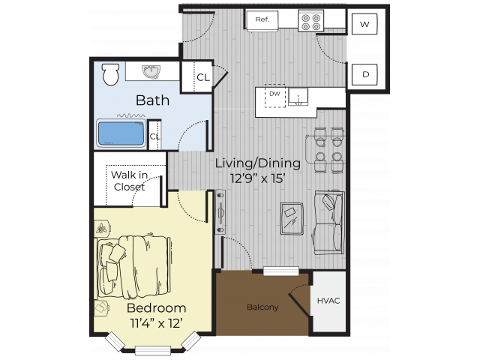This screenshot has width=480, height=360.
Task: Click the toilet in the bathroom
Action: click(x=111, y=73)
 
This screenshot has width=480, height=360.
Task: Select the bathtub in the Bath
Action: click(x=121, y=133)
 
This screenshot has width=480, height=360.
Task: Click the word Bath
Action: click(x=151, y=100)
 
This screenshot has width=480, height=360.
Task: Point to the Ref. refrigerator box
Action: click(x=262, y=19)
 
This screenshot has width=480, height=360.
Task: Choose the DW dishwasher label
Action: click(x=274, y=94)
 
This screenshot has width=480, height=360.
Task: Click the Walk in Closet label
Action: click(x=128, y=181)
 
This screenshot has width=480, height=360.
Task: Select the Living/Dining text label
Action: click(x=257, y=163)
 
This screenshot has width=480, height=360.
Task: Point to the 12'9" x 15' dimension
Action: click(x=257, y=178)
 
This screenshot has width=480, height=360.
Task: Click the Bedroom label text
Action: click(x=156, y=308)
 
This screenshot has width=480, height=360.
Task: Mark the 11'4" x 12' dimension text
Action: click(x=156, y=323)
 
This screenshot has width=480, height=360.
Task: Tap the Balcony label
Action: click(x=262, y=307)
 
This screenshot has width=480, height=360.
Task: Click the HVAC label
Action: click(x=328, y=301)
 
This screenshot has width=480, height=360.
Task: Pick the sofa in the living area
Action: click(x=329, y=222)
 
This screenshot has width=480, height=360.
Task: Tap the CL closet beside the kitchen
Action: click(x=202, y=76)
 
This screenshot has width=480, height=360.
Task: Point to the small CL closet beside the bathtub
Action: click(x=154, y=136)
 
